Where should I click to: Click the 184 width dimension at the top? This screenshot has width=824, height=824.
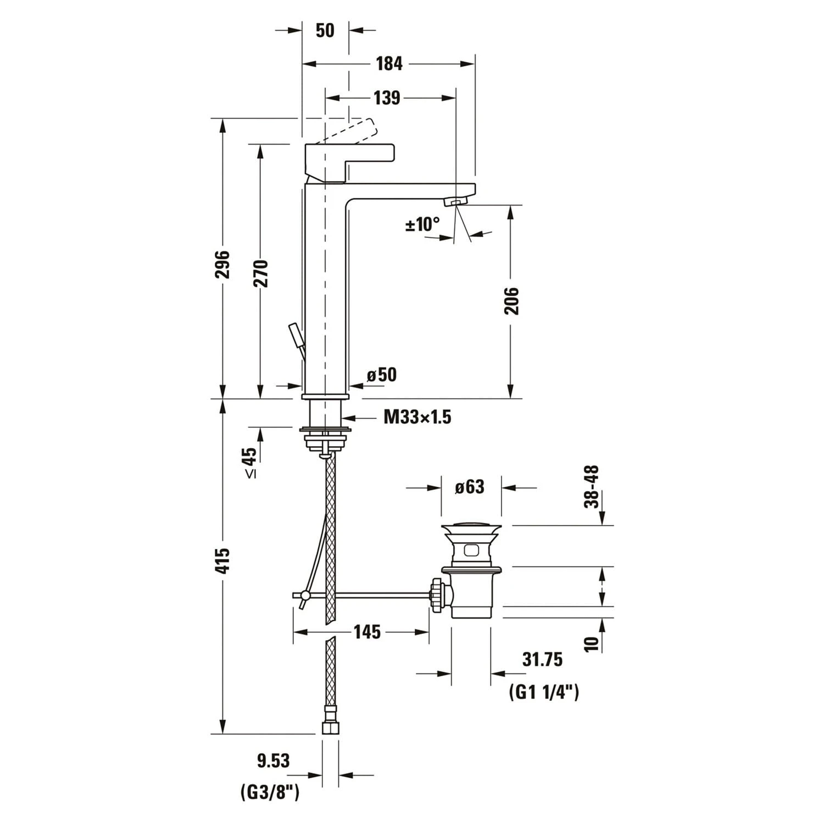[389, 64]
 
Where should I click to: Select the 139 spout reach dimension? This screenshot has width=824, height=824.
[387, 98]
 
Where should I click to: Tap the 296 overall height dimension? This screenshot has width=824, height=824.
[222, 264]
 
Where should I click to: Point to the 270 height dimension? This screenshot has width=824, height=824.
[260, 273]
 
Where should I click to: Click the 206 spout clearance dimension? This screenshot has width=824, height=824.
[511, 300]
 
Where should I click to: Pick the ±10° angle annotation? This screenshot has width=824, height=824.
[422, 224]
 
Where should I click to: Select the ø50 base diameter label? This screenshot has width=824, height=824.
[382, 375]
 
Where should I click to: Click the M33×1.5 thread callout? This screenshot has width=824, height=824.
[417, 417]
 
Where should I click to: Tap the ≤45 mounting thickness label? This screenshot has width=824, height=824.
[249, 463]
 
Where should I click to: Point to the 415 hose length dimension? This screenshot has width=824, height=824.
[222, 561]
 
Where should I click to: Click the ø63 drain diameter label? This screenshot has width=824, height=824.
[470, 487]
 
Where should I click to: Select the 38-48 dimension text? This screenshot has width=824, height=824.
[591, 487]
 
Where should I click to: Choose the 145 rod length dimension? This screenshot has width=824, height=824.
[367, 632]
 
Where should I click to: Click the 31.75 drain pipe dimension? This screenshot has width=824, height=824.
[542, 659]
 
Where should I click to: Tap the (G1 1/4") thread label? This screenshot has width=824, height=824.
[544, 692]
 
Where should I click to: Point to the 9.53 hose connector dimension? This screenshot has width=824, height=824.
[273, 760]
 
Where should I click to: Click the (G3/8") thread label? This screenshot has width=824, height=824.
[270, 792]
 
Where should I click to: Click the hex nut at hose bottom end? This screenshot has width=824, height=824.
[330, 728]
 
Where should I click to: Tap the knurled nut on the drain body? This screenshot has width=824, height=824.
[438, 595]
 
